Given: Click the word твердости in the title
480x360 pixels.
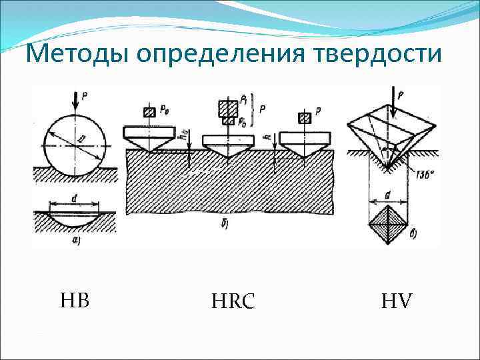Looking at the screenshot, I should coord(377,53).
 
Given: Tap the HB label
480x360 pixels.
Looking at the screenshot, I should coord(74,301).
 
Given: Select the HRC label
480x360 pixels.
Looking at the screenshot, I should coord(233,302).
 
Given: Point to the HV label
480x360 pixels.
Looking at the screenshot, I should coord(397,302).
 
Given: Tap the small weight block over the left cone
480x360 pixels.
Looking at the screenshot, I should coord(149,112).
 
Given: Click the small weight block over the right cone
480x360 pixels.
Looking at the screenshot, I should coord(305,118).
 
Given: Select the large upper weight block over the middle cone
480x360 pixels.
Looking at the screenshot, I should coord(228,107).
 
